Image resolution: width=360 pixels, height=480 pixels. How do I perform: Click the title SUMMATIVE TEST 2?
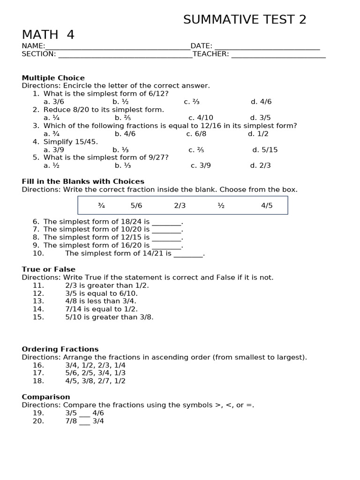point(245,20)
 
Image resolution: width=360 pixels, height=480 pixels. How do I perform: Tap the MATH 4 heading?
point(48,35)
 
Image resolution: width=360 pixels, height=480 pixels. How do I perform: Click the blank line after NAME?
point(118,46)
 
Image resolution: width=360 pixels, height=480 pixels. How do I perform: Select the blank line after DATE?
point(267,46)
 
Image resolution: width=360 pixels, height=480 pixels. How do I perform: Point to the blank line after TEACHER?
point(278,54)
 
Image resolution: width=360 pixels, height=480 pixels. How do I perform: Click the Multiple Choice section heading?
point(53,78)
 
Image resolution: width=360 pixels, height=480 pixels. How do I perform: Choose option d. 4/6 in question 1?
point(261,102)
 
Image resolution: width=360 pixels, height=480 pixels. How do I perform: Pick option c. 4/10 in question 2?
point(201,118)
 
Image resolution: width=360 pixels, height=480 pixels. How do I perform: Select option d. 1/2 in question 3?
point(258,134)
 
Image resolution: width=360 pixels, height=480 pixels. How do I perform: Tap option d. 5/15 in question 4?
point(265,150)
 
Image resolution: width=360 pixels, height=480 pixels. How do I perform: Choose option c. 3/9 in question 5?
point(201,165)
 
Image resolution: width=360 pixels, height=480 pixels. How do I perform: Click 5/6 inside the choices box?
point(136,205)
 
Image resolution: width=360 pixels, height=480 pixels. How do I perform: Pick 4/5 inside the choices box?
point(267,205)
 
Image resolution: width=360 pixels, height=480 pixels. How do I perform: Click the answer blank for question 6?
point(166,222)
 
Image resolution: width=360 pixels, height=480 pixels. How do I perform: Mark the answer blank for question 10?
point(188,254)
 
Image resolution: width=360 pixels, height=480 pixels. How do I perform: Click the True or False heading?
point(48,269)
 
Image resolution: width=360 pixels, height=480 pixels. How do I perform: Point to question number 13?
point(38,301)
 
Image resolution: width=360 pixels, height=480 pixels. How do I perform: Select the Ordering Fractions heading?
point(60,349)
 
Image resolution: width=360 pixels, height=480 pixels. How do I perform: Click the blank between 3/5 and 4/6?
point(84,414)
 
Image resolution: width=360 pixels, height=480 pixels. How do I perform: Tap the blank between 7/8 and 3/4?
point(84,422)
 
